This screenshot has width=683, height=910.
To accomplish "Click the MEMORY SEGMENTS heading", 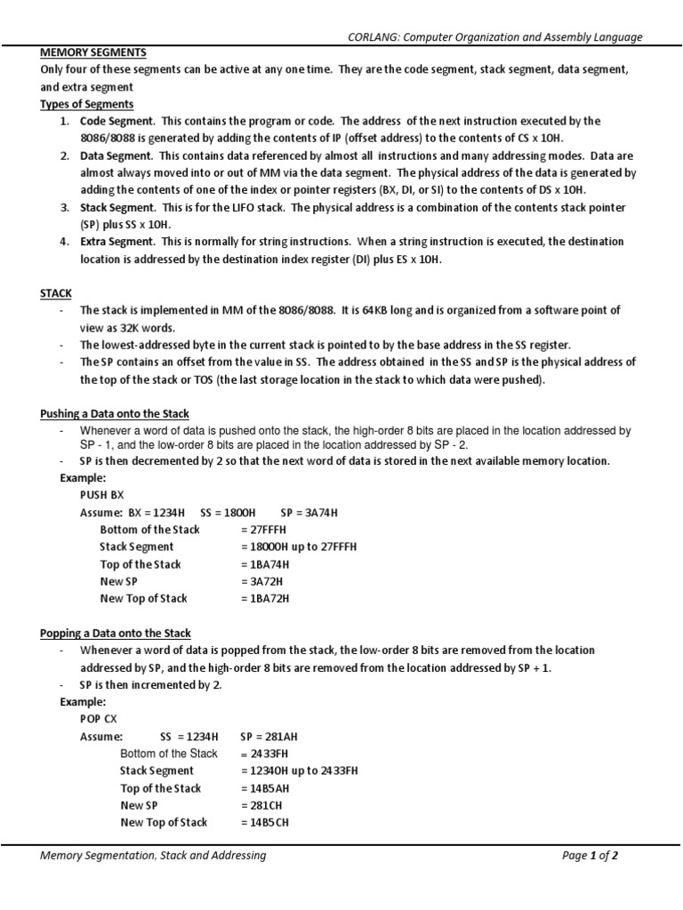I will tap(93, 52).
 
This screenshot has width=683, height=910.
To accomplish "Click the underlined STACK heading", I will tap(56, 292).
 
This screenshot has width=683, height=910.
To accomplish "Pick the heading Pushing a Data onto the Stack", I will tap(114, 413).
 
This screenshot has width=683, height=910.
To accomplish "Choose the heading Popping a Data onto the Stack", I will tap(116, 634).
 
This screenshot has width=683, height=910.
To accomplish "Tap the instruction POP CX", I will tap(99, 718).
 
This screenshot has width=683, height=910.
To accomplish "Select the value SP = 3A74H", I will tap(309, 513).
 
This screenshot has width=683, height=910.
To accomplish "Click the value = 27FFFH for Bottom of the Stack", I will tap(265, 530).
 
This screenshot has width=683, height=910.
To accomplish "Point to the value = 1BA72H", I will tap(265, 599).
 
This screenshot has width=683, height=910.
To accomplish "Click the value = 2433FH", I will tap(265, 754).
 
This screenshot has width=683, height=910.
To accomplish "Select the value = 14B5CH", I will tap(265, 823).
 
